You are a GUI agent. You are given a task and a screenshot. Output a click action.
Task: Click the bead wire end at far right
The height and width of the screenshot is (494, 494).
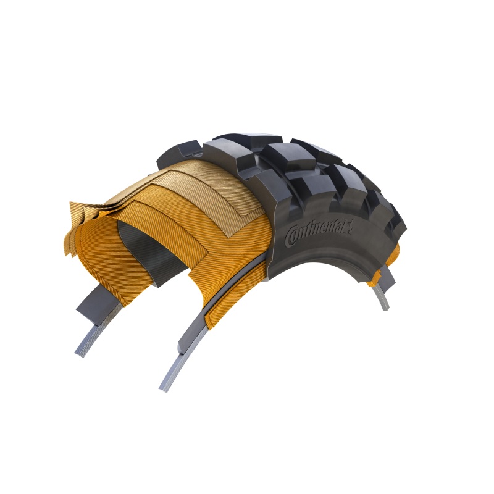(x=386, y=306)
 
